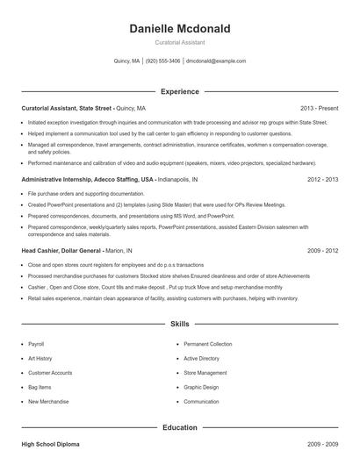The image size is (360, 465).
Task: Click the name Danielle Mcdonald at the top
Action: point(179,29)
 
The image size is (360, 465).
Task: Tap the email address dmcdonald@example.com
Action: point(216,61)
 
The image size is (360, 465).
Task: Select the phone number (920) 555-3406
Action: point(162,61)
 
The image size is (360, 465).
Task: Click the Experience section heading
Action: point(179,91)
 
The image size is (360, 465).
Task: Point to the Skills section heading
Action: point(179,325)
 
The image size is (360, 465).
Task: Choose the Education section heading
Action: point(179,427)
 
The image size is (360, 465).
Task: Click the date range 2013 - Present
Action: point(319,107)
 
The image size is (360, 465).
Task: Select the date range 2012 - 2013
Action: point(322,179)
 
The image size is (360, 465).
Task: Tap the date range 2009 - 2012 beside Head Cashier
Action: point(322,250)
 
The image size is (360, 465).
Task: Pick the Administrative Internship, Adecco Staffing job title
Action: point(87,179)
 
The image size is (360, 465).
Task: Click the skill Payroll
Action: point(36,344)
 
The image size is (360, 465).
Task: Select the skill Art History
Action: point(40,358)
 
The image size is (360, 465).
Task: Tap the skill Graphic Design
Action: point(201,387)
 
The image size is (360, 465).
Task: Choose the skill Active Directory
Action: point(202,358)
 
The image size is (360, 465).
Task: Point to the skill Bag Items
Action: point(40,387)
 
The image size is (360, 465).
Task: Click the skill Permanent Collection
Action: point(208,344)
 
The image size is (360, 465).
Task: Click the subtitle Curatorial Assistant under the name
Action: point(179,43)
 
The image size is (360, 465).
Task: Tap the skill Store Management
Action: point(205,373)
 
